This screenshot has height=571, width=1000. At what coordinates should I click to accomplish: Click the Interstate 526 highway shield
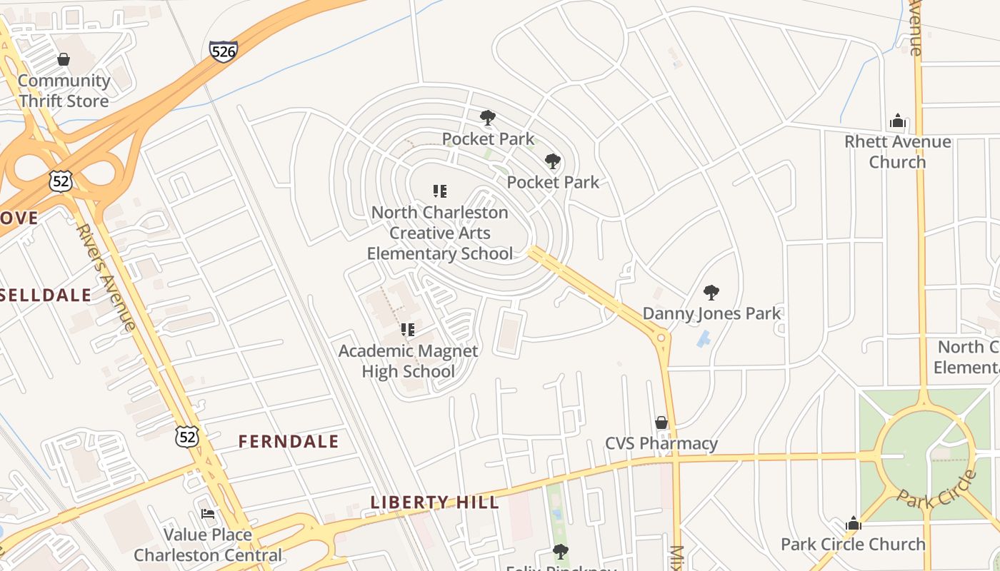[x=224, y=51]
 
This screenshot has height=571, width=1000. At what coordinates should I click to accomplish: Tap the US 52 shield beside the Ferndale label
[x=187, y=437]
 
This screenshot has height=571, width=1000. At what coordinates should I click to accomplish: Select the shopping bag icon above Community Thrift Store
[x=64, y=59]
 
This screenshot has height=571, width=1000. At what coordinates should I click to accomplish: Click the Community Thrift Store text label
[x=64, y=91]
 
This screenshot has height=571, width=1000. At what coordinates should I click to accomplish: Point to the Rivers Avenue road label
[x=106, y=277]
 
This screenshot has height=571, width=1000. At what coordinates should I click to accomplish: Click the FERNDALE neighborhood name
[x=289, y=442]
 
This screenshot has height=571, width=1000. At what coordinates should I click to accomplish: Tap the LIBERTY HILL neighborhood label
[x=435, y=502]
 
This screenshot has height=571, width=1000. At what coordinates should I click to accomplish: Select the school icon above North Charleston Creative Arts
[x=440, y=191]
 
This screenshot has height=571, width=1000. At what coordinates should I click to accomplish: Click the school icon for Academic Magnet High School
[x=408, y=329]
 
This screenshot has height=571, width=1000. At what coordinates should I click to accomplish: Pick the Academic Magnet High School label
[x=408, y=361]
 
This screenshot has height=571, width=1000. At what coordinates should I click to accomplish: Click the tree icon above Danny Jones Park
[x=711, y=292]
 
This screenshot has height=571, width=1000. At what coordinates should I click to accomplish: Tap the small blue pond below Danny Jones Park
[x=703, y=338]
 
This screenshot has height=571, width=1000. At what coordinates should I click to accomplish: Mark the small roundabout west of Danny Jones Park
[x=661, y=337]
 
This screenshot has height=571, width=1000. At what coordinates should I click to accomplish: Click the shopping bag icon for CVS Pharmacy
[x=661, y=423]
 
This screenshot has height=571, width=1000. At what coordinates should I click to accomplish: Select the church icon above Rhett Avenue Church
[x=898, y=121]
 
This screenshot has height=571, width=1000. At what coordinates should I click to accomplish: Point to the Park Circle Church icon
[x=853, y=523]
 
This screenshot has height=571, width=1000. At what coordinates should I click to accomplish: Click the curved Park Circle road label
[x=936, y=490]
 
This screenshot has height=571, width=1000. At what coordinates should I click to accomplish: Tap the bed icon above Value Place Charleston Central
[x=208, y=513]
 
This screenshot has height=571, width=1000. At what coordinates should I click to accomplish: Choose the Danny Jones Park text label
[x=712, y=313]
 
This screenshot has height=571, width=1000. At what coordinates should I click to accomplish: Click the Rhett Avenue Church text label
[x=897, y=152]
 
